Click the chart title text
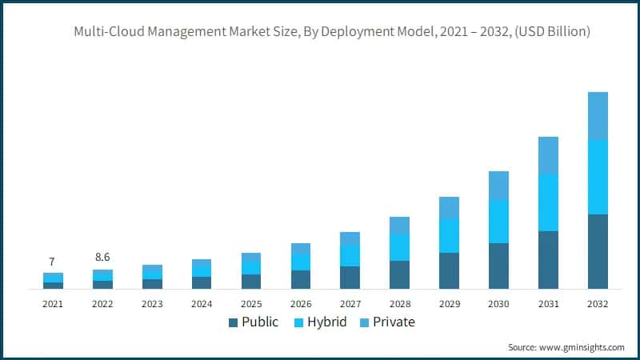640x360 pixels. [332, 32]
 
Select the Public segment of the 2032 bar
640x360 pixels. [598, 251]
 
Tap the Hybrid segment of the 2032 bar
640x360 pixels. [598, 177]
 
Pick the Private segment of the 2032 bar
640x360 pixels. [598, 116]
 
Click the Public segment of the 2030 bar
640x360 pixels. [498, 266]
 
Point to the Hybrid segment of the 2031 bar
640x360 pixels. [548, 202]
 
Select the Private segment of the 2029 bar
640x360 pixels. [449, 208]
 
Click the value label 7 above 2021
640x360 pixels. [52, 262]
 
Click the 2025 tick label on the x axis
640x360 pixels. [251, 304]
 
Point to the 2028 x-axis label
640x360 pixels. [399, 304]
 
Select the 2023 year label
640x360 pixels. [152, 304]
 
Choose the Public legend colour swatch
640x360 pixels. [233, 322]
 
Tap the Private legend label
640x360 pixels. [393, 322]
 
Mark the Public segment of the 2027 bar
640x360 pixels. [350, 277]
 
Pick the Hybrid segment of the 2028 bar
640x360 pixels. [399, 247]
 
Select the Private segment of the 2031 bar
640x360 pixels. [548, 155]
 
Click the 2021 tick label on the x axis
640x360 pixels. [53, 304]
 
